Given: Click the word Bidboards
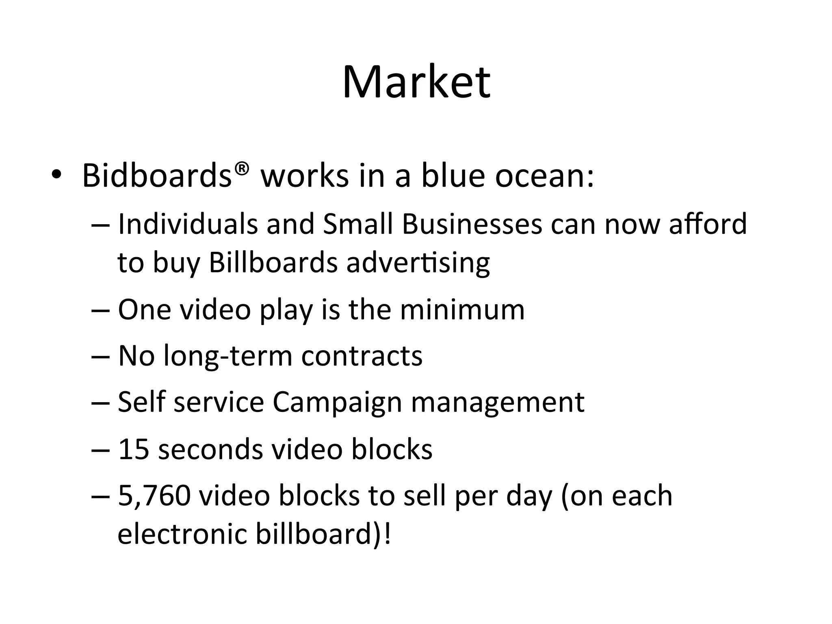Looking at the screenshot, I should (x=156, y=175).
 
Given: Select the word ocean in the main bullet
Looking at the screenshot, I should (x=544, y=176).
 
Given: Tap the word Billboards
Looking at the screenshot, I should (x=273, y=262).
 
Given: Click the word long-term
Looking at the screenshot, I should (x=228, y=356).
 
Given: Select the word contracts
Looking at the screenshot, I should (x=362, y=356).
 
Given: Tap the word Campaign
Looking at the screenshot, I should (x=337, y=403).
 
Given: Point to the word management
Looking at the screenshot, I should (x=498, y=403).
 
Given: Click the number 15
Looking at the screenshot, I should (x=133, y=449).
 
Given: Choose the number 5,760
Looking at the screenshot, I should (x=154, y=496).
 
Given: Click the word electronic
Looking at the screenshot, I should (x=182, y=534).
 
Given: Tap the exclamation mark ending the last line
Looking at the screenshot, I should (x=387, y=534).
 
